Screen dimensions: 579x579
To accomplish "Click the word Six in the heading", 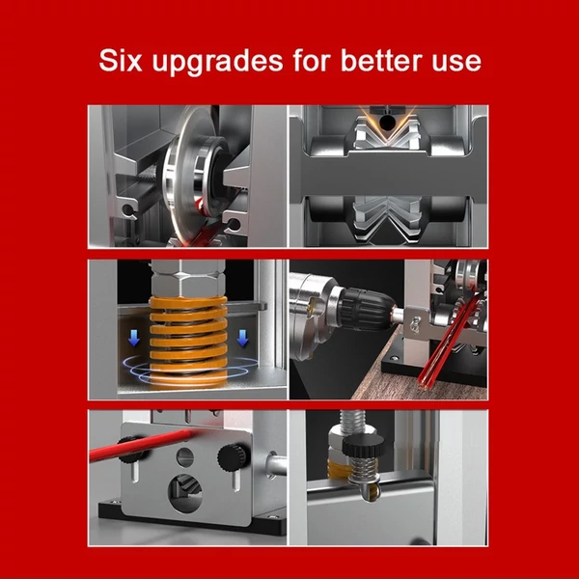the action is pos(121,60).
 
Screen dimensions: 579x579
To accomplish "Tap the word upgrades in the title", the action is pos(217,62).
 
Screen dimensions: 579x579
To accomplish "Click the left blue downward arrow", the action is pos(134,339).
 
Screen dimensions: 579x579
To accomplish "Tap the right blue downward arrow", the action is pos(242,339).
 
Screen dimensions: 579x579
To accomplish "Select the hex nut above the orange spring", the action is pos(188,278).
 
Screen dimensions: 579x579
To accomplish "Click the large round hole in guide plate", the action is pos(185,493).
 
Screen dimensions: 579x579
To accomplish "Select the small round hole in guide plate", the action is pos(184,457).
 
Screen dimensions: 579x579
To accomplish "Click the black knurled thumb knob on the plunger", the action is pos(364,446).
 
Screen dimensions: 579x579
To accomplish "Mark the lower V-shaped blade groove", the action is pos(387,219).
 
